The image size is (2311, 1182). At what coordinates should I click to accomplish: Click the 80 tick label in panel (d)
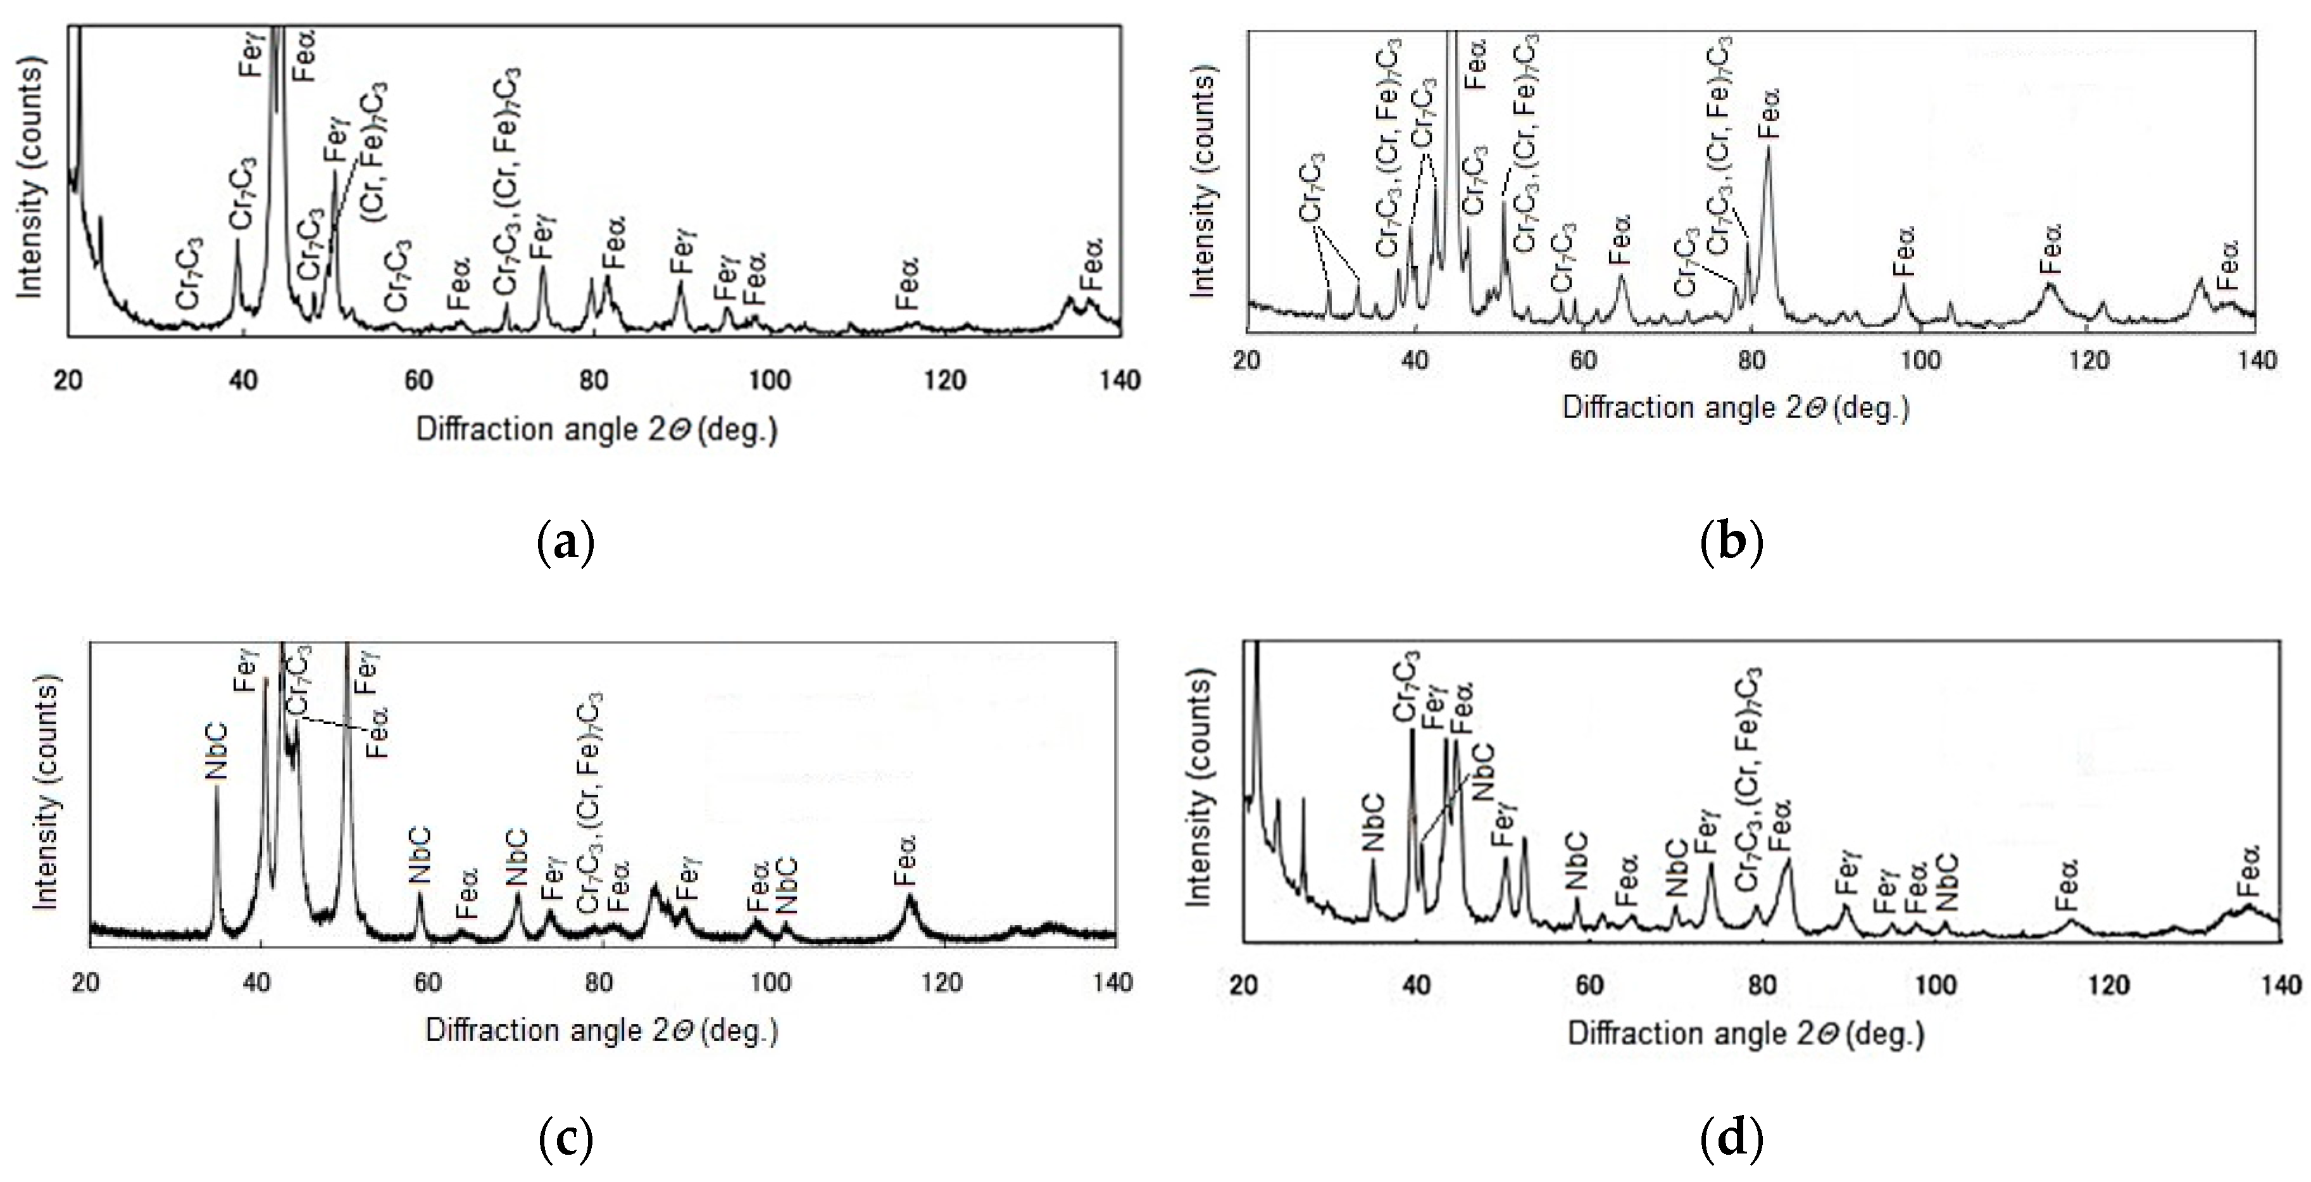(1762, 986)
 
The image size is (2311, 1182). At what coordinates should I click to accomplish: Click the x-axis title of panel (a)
(597, 430)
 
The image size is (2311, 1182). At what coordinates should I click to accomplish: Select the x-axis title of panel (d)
(1746, 1034)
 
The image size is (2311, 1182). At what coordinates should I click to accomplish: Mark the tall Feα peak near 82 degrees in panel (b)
(1769, 153)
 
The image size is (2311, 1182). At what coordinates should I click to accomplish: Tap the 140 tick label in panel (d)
(2281, 986)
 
